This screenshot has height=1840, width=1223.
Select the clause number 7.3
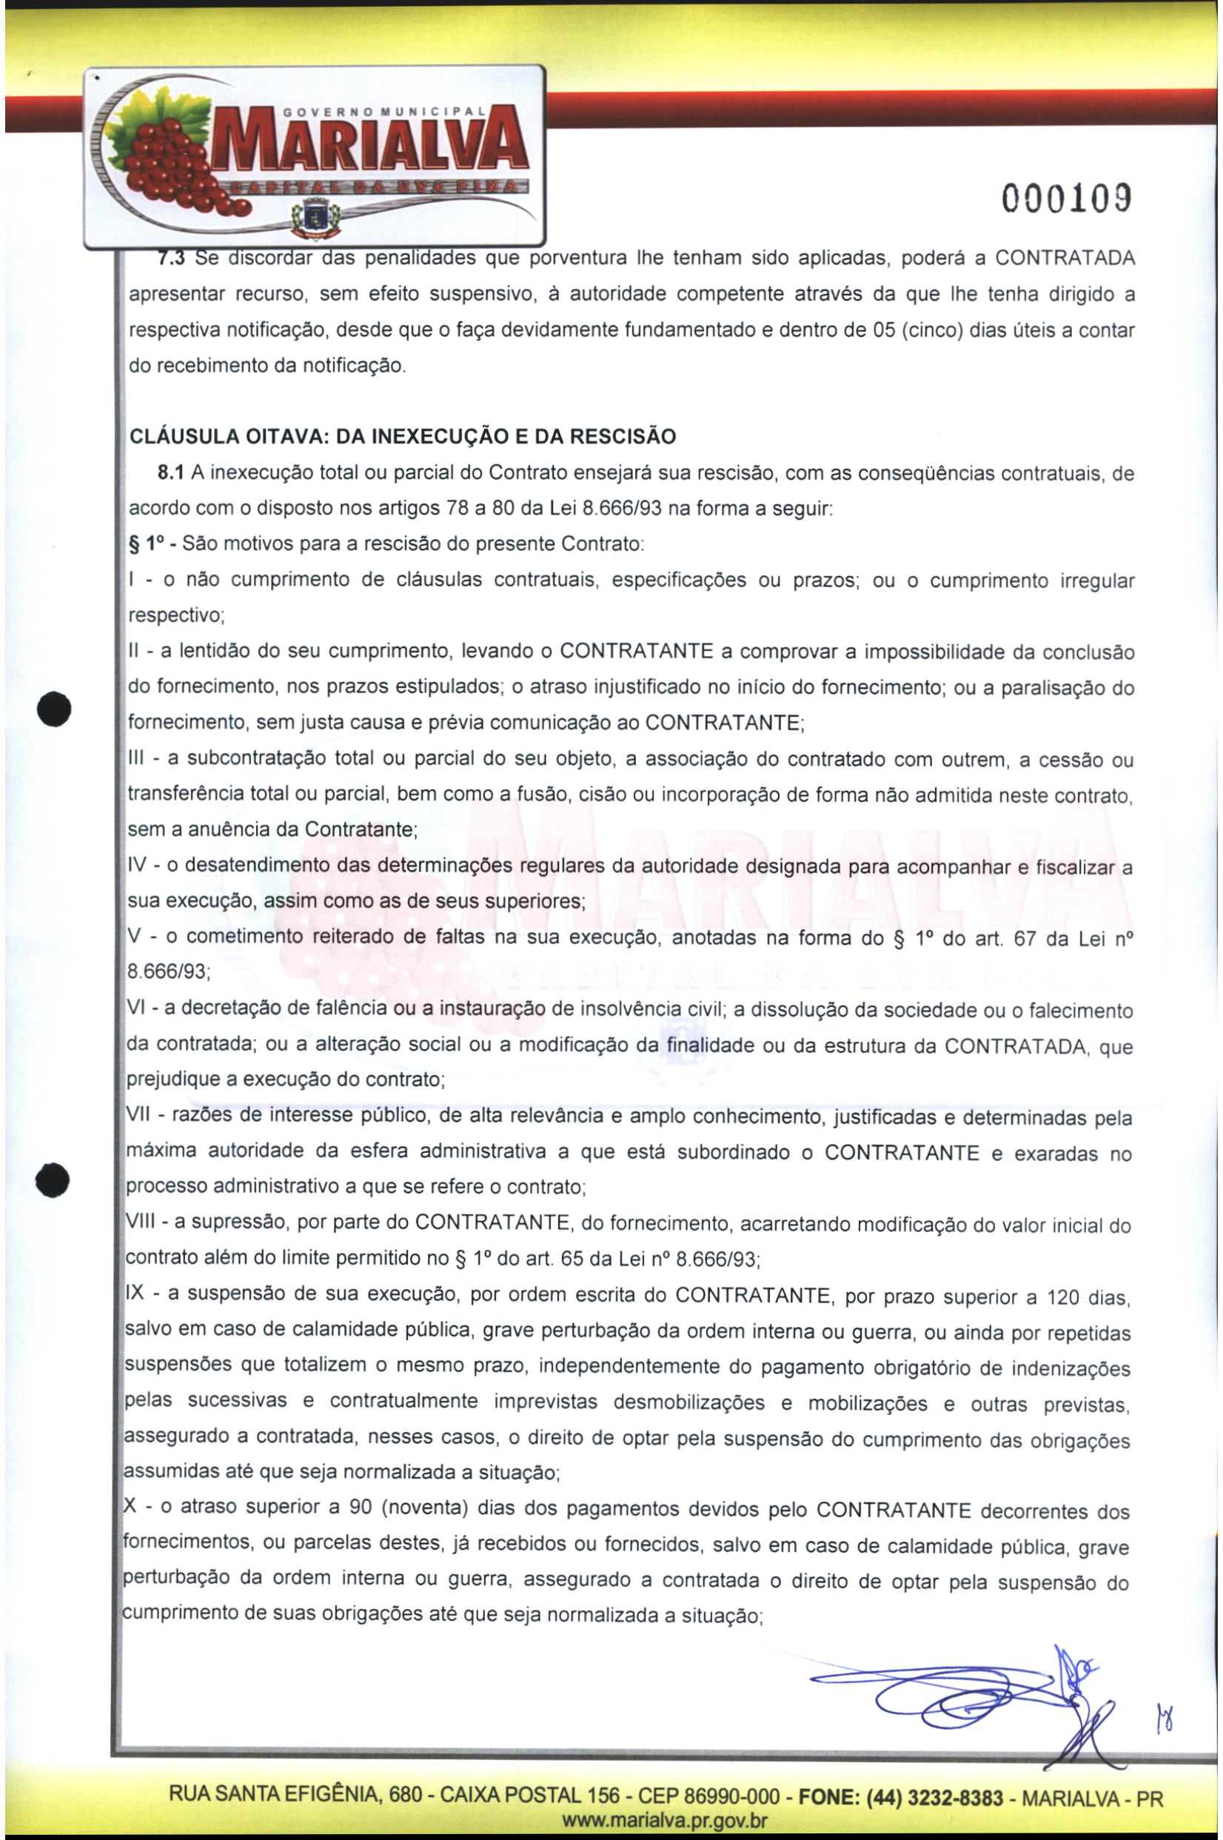click(171, 258)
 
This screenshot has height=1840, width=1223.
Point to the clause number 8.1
click(171, 473)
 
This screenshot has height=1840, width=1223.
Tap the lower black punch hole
click(54, 1180)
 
